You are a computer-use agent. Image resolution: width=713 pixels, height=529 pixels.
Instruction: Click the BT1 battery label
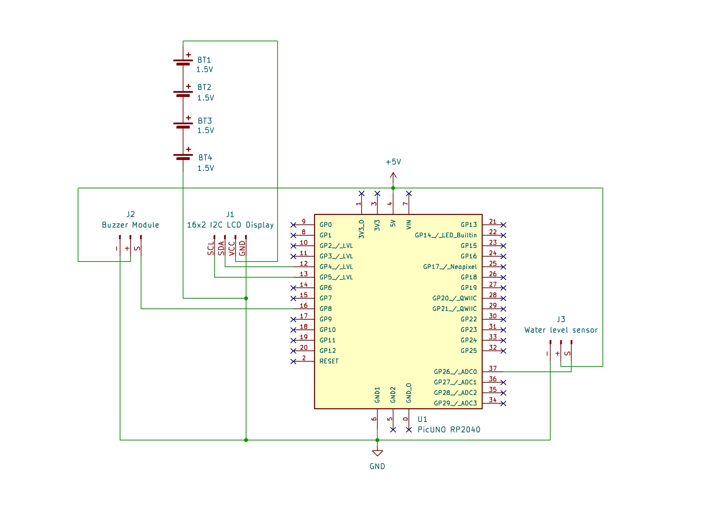point(204,60)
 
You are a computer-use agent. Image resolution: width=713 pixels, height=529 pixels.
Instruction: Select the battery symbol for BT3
point(183,125)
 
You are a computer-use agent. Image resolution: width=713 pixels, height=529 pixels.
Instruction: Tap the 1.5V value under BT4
point(205,168)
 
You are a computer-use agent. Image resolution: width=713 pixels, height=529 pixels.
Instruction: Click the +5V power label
point(393,162)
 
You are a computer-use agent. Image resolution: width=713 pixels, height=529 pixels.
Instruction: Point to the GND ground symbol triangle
point(377,453)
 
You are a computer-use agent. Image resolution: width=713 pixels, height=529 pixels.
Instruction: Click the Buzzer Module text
point(130,225)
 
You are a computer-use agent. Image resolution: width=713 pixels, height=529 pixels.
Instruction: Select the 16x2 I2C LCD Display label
point(230,225)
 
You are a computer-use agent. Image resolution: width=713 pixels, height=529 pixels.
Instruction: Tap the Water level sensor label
point(561,330)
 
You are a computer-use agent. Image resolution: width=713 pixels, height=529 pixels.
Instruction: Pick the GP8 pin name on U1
point(326,308)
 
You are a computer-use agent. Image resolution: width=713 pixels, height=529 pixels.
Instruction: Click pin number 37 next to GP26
point(493,368)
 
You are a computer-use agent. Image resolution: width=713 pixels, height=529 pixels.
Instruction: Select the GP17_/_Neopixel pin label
point(450,266)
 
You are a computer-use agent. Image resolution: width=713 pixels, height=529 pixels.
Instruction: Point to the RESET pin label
point(329,361)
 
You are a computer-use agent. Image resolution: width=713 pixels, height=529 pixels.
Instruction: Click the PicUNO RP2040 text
point(449,430)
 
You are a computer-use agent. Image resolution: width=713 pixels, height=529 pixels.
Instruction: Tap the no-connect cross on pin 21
point(503,225)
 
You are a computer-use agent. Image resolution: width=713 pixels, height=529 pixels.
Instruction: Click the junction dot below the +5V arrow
point(393,188)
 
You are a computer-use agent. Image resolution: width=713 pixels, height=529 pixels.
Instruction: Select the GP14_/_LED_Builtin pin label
point(446,235)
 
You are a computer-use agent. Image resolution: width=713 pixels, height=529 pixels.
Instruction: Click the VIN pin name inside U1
point(408,224)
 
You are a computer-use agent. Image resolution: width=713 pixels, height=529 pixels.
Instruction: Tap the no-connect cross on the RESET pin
point(293,361)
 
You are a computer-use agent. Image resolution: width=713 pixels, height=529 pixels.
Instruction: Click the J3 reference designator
point(561,319)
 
